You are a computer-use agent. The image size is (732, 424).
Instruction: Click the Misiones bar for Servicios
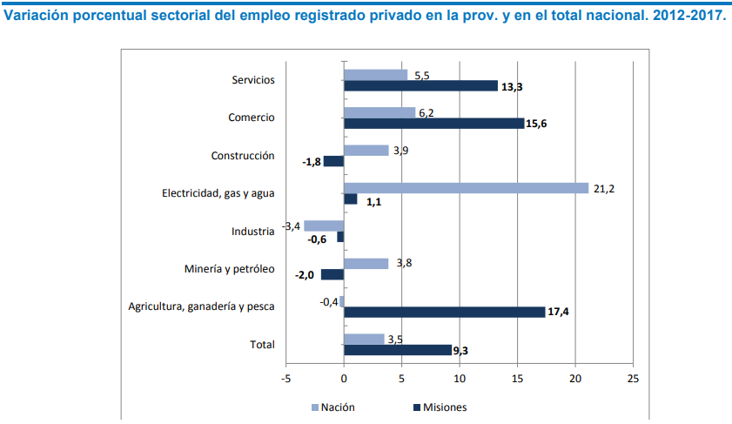coord(420,85)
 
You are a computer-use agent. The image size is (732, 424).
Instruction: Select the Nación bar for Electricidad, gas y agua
coord(466,187)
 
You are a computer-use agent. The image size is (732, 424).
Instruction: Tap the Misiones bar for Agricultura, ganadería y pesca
coord(444,312)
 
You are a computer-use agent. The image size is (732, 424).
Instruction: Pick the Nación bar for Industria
coord(324,225)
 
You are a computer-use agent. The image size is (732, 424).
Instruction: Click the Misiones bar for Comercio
coord(433,124)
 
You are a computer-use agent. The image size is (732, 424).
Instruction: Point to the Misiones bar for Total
coord(398,350)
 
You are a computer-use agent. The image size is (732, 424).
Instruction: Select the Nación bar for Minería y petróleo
coord(366,263)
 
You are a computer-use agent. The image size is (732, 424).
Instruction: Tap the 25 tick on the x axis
coord(633,379)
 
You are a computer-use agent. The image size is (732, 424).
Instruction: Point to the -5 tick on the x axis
coord(286,379)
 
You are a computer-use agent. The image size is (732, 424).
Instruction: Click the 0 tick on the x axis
coord(344,379)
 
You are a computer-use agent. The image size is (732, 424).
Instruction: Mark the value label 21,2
coord(604,188)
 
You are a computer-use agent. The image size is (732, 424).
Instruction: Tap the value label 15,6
coord(536,124)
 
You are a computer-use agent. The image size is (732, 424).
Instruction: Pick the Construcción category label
coord(243,156)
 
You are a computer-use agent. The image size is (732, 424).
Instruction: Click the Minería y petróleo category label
coord(230,269)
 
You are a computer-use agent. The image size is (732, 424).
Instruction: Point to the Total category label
coord(262,345)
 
